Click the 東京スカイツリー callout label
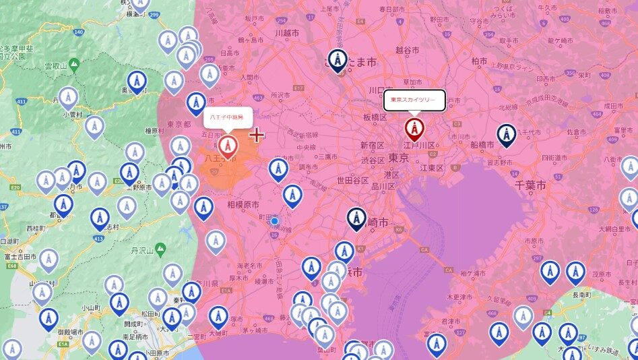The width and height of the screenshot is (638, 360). tap(414, 100)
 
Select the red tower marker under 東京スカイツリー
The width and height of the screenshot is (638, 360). tap(414, 128)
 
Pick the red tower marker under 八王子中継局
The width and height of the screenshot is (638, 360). tap(228, 145)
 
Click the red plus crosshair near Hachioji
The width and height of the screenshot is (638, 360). tap(257, 135)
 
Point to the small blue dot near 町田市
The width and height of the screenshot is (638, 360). tap(274, 220)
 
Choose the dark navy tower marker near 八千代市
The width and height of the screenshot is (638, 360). tap(506, 135)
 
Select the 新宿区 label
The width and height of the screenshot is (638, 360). tap(372, 146)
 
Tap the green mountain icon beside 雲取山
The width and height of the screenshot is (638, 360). tap(73, 64)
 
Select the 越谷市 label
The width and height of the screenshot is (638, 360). tap(408, 50)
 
